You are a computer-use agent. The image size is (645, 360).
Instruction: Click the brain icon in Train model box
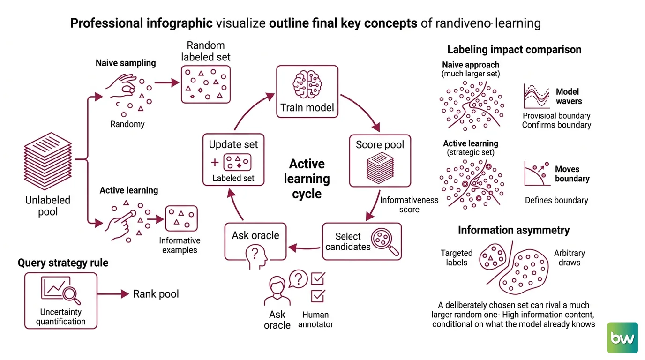pyautogui.click(x=307, y=84)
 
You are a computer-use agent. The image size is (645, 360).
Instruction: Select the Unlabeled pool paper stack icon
pyautogui.click(x=48, y=161)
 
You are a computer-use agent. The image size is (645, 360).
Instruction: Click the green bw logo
pyautogui.click(x=622, y=337)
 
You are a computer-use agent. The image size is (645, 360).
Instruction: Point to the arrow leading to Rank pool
pyautogui.click(x=113, y=294)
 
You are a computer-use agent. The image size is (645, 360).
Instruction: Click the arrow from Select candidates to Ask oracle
pyautogui.click(x=304, y=247)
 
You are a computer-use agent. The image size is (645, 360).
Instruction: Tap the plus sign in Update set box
pyautogui.click(x=215, y=163)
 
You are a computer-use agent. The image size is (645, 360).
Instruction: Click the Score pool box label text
pyautogui.click(x=380, y=144)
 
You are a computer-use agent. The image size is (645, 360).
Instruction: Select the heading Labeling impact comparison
pyautogui.click(x=514, y=50)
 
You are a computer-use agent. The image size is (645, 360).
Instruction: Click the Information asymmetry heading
pyautogui.click(x=514, y=230)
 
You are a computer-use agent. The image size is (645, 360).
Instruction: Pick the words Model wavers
pyautogui.click(x=569, y=97)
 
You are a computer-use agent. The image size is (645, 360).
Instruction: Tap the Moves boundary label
pyautogui.click(x=572, y=173)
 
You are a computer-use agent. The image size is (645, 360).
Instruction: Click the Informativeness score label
pyautogui.click(x=409, y=204)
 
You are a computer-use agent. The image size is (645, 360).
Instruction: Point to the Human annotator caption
pyautogui.click(x=315, y=319)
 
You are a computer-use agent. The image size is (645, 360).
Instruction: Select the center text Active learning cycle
pyautogui.click(x=307, y=179)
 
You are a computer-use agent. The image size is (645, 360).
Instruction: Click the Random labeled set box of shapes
pyautogui.click(x=206, y=84)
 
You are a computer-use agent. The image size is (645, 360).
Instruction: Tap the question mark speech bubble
pyautogui.click(x=298, y=279)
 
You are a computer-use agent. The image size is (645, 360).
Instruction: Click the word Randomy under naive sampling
pyautogui.click(x=127, y=124)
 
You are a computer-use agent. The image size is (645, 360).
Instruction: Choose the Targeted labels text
pyautogui.click(x=457, y=258)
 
